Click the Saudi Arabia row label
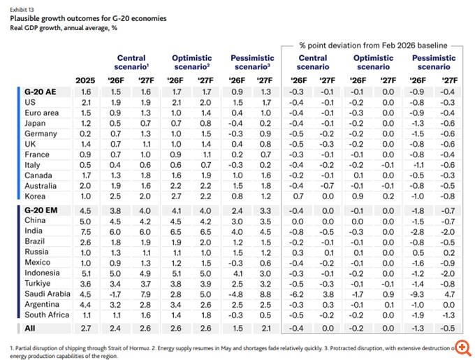pos(47,294)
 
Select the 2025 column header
pos(85,80)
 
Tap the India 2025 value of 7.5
pos(85,232)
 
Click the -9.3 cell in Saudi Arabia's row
pos(417,294)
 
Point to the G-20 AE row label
pos(41,92)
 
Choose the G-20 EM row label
pos(41,210)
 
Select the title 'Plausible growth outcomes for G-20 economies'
pos(88,18)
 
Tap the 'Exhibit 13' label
pos(22,10)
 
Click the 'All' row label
pos(30,328)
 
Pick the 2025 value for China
pos(85,222)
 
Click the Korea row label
pos(35,196)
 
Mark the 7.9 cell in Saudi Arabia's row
pos(145,294)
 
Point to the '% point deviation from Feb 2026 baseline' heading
pos(373,45)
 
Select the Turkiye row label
pos(38,284)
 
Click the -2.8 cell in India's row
pos(417,232)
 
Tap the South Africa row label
pos(47,315)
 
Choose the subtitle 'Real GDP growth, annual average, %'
pos(64,28)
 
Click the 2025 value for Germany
pos(85,134)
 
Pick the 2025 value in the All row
pos(86,329)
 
